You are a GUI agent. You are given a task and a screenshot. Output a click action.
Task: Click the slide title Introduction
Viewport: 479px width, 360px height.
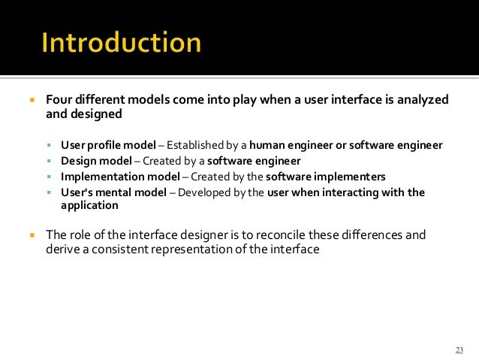point(121,43)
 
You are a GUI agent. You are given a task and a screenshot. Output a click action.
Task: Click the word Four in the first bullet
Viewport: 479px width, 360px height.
point(59,100)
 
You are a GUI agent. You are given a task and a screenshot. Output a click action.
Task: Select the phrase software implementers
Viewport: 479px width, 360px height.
point(326,177)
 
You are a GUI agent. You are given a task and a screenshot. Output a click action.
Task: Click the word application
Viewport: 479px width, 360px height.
point(89,204)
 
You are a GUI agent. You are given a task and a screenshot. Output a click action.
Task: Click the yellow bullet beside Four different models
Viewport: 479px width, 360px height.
point(32,100)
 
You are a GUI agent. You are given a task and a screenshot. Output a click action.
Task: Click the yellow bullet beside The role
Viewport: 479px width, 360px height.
point(32,234)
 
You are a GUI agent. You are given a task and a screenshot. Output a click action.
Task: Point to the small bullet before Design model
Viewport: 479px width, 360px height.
point(49,161)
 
